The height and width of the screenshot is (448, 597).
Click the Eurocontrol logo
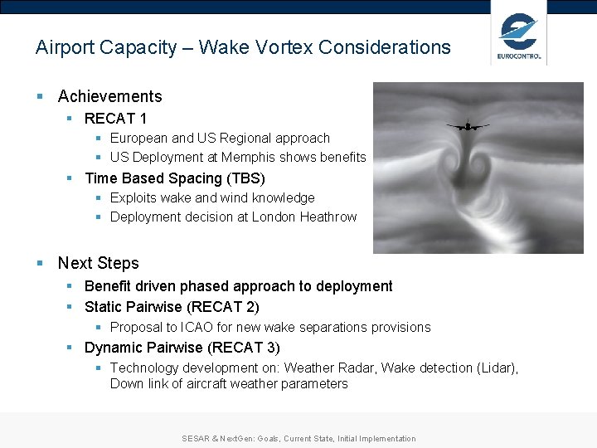[519, 37]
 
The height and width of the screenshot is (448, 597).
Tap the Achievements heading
[109, 96]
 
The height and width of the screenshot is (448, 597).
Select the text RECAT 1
[115, 119]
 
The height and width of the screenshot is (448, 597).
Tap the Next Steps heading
[98, 263]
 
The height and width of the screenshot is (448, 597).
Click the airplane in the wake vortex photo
[468, 126]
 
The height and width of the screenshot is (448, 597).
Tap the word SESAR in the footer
[196, 439]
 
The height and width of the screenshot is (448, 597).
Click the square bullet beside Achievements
[40, 96]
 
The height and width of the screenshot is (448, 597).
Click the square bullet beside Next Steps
[40, 263]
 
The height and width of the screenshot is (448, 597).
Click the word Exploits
[132, 197]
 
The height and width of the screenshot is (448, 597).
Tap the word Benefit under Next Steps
[108, 286]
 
